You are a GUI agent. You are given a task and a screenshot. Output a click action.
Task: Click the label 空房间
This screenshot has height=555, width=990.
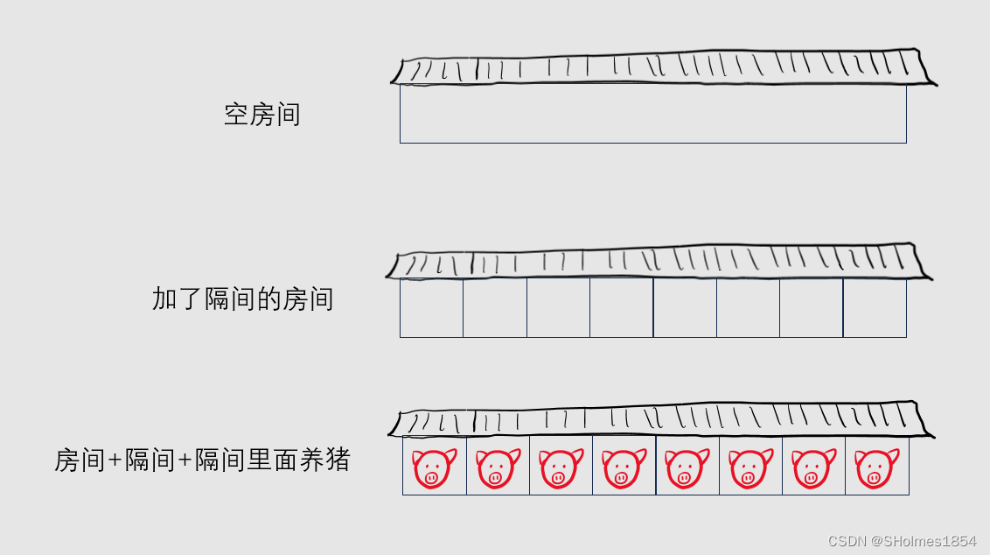click(x=261, y=115)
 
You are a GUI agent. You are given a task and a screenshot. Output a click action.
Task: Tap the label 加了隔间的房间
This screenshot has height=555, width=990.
click(x=242, y=299)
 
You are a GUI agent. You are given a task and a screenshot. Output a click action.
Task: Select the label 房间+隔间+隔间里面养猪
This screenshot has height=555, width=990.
click(x=202, y=460)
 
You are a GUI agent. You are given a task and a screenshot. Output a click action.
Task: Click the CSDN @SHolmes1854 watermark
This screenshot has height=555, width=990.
click(x=902, y=541)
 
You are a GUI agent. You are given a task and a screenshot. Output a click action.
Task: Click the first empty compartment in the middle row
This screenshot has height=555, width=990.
click(x=431, y=308)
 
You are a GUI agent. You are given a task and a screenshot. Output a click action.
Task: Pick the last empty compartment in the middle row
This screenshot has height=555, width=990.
click(x=875, y=308)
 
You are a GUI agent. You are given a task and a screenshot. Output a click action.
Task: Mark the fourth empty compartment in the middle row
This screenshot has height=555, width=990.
click(x=621, y=308)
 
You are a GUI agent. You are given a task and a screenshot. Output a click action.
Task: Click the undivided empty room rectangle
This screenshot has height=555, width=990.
click(x=652, y=114)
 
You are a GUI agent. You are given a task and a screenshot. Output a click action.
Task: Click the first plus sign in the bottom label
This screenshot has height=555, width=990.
click(x=115, y=460)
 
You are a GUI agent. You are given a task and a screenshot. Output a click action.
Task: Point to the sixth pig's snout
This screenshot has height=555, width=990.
click(x=748, y=478)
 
